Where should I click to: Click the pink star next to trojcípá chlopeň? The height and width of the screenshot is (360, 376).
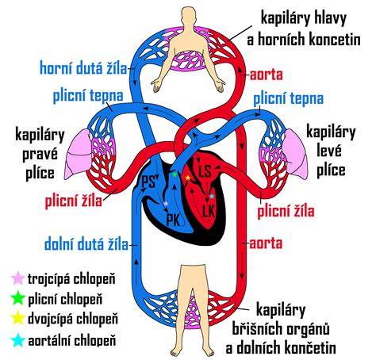18,278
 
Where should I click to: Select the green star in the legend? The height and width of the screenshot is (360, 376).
18,298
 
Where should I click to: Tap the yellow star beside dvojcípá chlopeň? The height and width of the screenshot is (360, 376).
18,318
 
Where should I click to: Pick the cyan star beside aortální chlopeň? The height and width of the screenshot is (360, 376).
18,340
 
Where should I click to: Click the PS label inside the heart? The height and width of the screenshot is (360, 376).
148,182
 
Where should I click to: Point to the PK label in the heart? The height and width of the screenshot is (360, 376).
174,220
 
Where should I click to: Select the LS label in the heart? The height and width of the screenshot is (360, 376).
205,171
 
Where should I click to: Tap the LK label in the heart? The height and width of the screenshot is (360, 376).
209,211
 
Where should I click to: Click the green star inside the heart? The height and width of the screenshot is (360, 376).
174,174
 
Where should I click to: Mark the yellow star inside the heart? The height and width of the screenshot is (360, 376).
188,178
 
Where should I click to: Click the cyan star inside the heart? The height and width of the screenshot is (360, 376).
212,197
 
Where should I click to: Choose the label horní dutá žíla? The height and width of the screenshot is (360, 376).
83,68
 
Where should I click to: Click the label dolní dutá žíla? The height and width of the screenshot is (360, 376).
86,244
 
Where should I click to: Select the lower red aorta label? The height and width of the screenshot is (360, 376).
266,243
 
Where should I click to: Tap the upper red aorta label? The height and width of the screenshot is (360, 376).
267,75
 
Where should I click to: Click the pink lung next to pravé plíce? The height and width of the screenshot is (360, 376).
78,153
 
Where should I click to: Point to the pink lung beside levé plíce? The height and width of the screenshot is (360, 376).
295,151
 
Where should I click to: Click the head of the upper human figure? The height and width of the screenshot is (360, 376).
187,17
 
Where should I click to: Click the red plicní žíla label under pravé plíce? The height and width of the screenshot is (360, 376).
74,201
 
